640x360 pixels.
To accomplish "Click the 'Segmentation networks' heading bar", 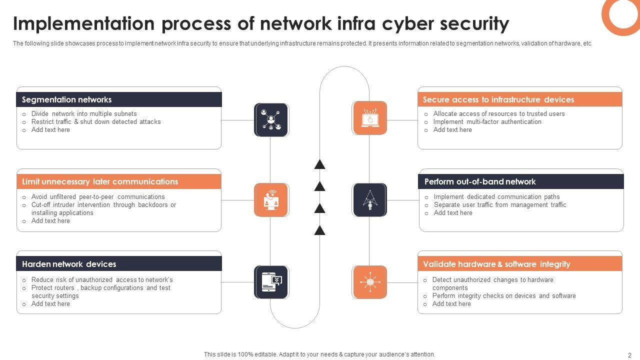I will click(119, 99).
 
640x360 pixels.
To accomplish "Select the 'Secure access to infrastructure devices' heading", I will click(520, 99).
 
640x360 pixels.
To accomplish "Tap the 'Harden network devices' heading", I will click(119, 264).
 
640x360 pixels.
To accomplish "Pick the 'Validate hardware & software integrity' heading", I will click(520, 264).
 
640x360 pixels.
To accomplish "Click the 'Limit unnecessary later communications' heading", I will click(119, 181).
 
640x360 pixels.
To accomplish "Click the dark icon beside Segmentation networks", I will click(271, 120).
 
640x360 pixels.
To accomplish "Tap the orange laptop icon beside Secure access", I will click(370, 118).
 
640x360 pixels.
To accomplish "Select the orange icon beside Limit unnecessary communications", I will click(271, 200).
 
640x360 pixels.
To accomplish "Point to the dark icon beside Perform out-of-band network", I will click(370, 200).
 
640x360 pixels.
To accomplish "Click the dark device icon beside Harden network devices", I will click(271, 282).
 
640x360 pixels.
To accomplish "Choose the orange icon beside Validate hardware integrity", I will click(370, 282).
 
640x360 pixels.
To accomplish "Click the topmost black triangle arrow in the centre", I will click(319, 164).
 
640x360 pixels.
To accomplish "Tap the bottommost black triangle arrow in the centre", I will click(319, 230).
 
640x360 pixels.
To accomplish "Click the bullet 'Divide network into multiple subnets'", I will click(84, 114).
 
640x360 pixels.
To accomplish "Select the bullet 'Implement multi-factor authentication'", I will click(487, 122).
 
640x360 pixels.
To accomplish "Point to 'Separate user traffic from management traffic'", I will click(500, 205).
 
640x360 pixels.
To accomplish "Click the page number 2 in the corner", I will click(629, 355).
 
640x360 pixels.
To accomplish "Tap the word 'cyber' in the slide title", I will click(402, 23).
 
